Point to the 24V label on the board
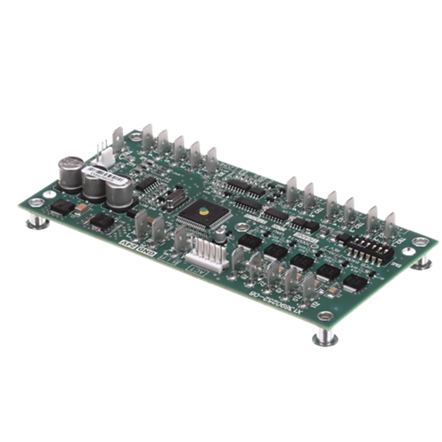click(126, 245)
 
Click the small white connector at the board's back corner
click(105, 153)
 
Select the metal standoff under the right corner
click(423, 263)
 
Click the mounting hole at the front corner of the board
click(325, 315)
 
